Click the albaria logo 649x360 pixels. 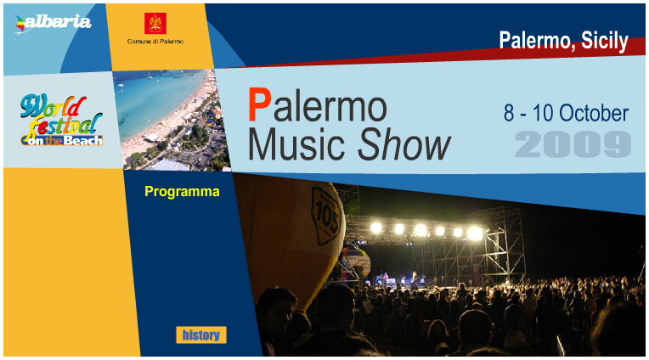tap(53, 23)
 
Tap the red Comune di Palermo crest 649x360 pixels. tap(155, 23)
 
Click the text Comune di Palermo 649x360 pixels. tap(155, 42)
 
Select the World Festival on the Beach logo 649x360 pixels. tap(61, 120)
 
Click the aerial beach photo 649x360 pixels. tap(172, 120)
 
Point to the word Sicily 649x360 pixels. tap(605, 41)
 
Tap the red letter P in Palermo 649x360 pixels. tap(260, 104)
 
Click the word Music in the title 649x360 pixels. tap(296, 144)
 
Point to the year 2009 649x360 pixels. tap(573, 144)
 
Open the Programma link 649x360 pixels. tap(182, 192)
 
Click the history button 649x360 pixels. tap(201, 335)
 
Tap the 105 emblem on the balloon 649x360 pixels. tap(326, 216)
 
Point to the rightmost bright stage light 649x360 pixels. tap(475, 233)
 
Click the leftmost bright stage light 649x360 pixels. tap(375, 228)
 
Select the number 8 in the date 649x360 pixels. tap(509, 113)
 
